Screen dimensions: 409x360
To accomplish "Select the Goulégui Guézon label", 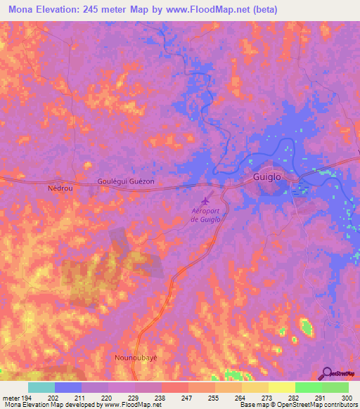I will tap(126, 181).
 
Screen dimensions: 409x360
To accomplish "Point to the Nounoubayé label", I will tap(135, 358).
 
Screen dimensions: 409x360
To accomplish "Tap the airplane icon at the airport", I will tap(208, 199).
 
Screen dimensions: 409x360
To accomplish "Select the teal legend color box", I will tap(41, 387).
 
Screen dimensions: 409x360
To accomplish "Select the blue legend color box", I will tap(68, 387).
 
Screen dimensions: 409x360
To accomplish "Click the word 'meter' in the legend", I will tap(12, 397).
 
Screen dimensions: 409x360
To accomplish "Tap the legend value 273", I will tap(247, 397).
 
